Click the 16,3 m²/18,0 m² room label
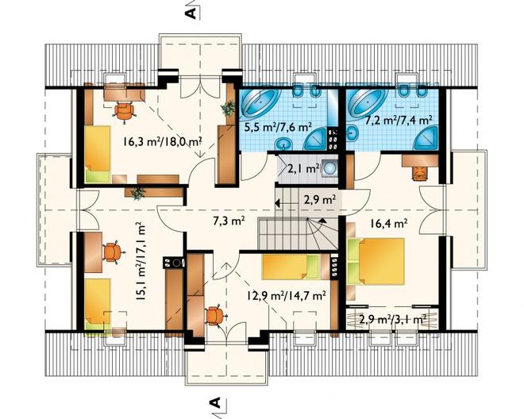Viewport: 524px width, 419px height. point(162,142)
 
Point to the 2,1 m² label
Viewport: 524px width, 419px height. point(303,169)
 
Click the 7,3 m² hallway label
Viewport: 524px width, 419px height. point(229,221)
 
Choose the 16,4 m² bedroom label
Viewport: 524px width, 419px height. point(388,223)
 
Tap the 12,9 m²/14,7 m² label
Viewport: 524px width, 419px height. point(287,295)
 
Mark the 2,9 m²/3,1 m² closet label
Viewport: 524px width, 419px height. point(392,319)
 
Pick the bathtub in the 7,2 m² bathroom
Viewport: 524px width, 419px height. point(365,101)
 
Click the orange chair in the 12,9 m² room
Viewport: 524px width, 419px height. point(215,315)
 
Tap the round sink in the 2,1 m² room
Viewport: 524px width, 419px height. point(329,167)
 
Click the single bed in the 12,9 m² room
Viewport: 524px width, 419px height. point(290,267)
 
